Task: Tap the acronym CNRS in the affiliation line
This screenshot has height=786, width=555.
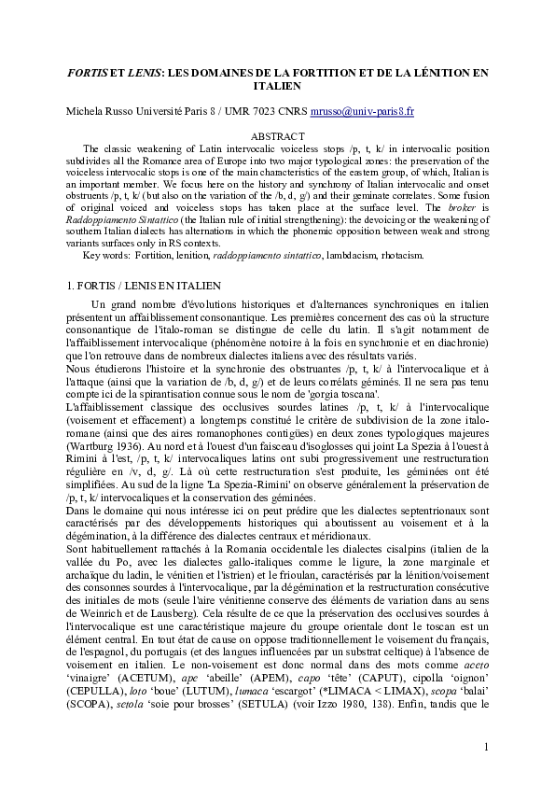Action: click(x=290, y=111)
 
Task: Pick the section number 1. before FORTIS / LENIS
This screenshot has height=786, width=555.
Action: click(x=69, y=284)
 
